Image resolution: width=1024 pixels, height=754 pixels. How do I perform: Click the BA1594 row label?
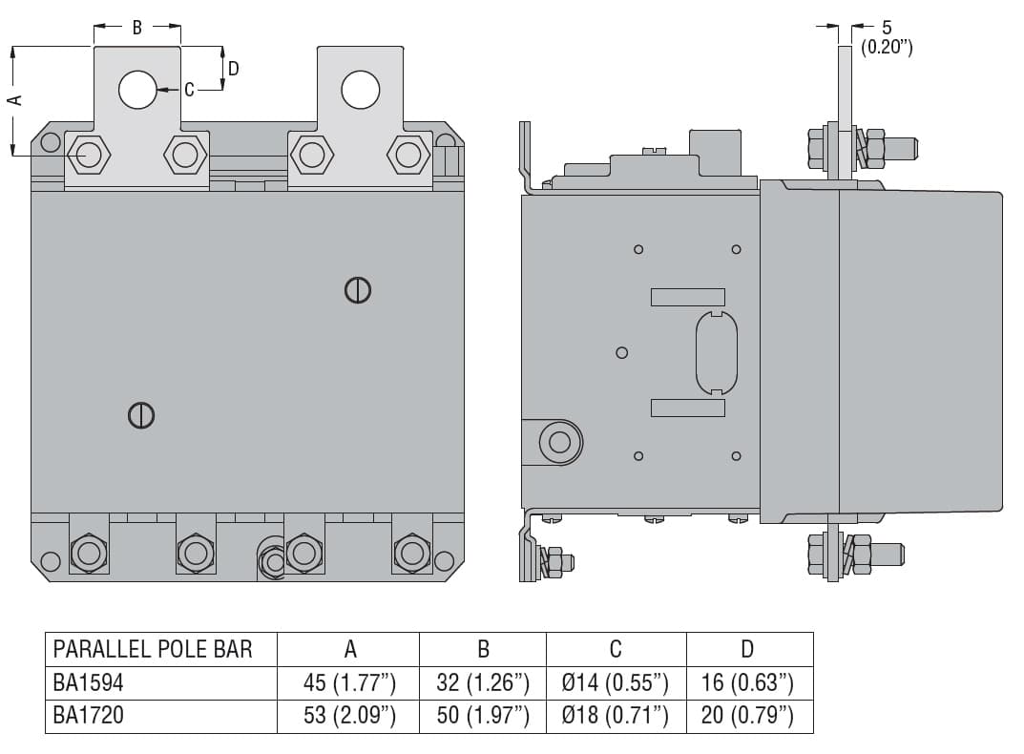click(x=88, y=682)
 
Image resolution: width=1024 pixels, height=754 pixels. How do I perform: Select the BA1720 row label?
click(x=88, y=715)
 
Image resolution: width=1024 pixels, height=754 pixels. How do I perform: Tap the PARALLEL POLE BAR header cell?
click(x=153, y=649)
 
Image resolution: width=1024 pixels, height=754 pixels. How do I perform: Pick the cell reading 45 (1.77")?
click(x=349, y=682)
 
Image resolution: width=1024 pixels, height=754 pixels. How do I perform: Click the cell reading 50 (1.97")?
click(x=483, y=715)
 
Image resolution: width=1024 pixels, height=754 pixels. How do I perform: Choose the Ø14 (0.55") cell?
click(x=616, y=682)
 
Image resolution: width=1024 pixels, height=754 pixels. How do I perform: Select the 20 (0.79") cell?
click(x=747, y=715)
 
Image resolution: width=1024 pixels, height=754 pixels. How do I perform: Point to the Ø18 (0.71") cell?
click(x=616, y=715)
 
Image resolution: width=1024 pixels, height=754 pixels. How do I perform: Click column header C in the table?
click(x=616, y=649)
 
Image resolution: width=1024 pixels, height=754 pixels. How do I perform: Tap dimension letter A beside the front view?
click(x=13, y=99)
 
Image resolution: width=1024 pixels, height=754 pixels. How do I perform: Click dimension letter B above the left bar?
click(x=136, y=28)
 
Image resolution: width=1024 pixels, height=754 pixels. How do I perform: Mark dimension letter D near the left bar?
click(x=233, y=68)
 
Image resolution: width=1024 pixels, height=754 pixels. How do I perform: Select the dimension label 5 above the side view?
click(x=887, y=28)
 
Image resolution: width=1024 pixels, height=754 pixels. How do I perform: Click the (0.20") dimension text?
click(x=887, y=47)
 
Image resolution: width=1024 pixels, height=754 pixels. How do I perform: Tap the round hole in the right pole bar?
click(x=360, y=89)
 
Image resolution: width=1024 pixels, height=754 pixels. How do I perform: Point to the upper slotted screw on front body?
click(x=357, y=290)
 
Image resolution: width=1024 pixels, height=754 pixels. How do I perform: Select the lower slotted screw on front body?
click(x=141, y=415)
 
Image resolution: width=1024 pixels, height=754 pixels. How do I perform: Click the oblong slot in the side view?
click(x=716, y=352)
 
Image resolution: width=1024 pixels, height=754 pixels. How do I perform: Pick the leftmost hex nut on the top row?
click(x=89, y=155)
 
